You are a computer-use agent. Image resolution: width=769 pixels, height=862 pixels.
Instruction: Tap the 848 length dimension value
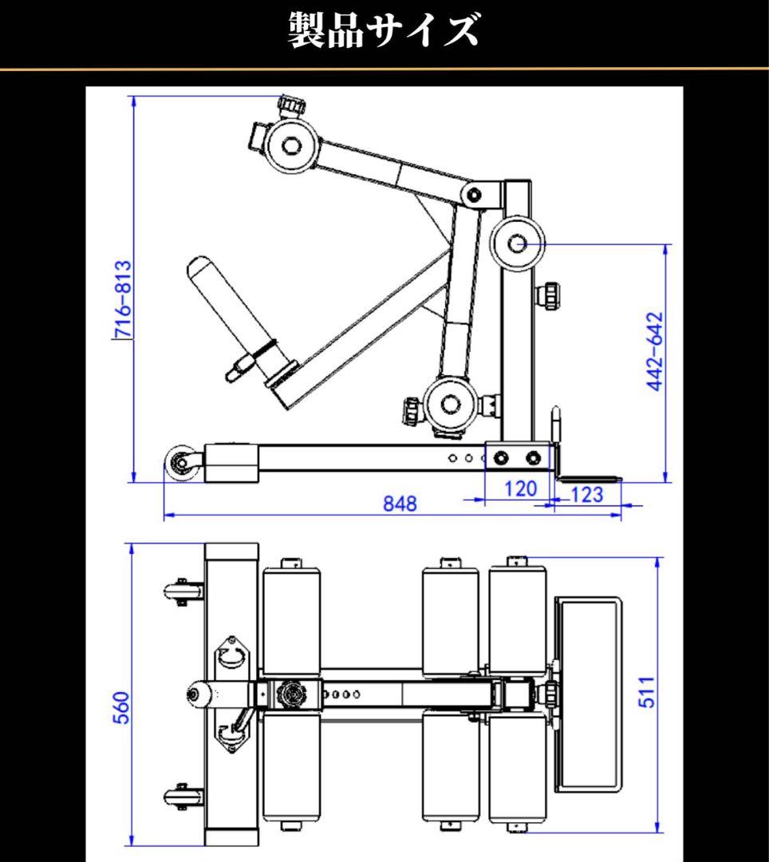click(399, 504)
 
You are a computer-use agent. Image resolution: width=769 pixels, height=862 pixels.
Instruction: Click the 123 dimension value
click(587, 495)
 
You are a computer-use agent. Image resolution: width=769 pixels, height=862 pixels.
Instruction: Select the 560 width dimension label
click(120, 707)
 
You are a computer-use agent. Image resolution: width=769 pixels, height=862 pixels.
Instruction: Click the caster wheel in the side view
click(182, 464)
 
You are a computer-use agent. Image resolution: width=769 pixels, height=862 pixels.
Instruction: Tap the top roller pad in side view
click(290, 147)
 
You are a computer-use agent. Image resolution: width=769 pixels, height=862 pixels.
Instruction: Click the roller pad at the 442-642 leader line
click(515, 243)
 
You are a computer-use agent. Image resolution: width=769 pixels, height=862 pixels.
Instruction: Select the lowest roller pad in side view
click(451, 404)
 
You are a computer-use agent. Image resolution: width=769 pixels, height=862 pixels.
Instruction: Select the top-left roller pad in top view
click(290, 619)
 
